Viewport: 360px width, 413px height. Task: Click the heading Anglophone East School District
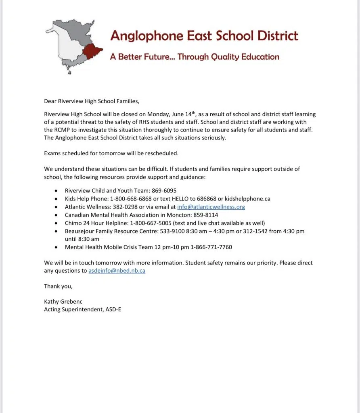(x=204, y=35)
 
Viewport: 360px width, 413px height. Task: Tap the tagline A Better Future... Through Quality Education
(x=195, y=57)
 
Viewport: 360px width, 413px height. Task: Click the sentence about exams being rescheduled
(x=111, y=153)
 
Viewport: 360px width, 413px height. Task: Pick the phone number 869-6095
(x=164, y=190)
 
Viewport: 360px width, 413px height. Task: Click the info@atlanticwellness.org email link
(x=211, y=207)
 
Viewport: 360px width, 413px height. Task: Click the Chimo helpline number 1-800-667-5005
(x=152, y=223)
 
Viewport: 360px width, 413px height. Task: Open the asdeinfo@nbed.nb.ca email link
(x=117, y=271)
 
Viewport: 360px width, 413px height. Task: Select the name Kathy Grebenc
(x=63, y=302)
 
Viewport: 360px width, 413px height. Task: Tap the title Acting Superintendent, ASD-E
(x=82, y=310)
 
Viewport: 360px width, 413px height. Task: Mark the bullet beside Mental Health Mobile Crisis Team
(x=55, y=247)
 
